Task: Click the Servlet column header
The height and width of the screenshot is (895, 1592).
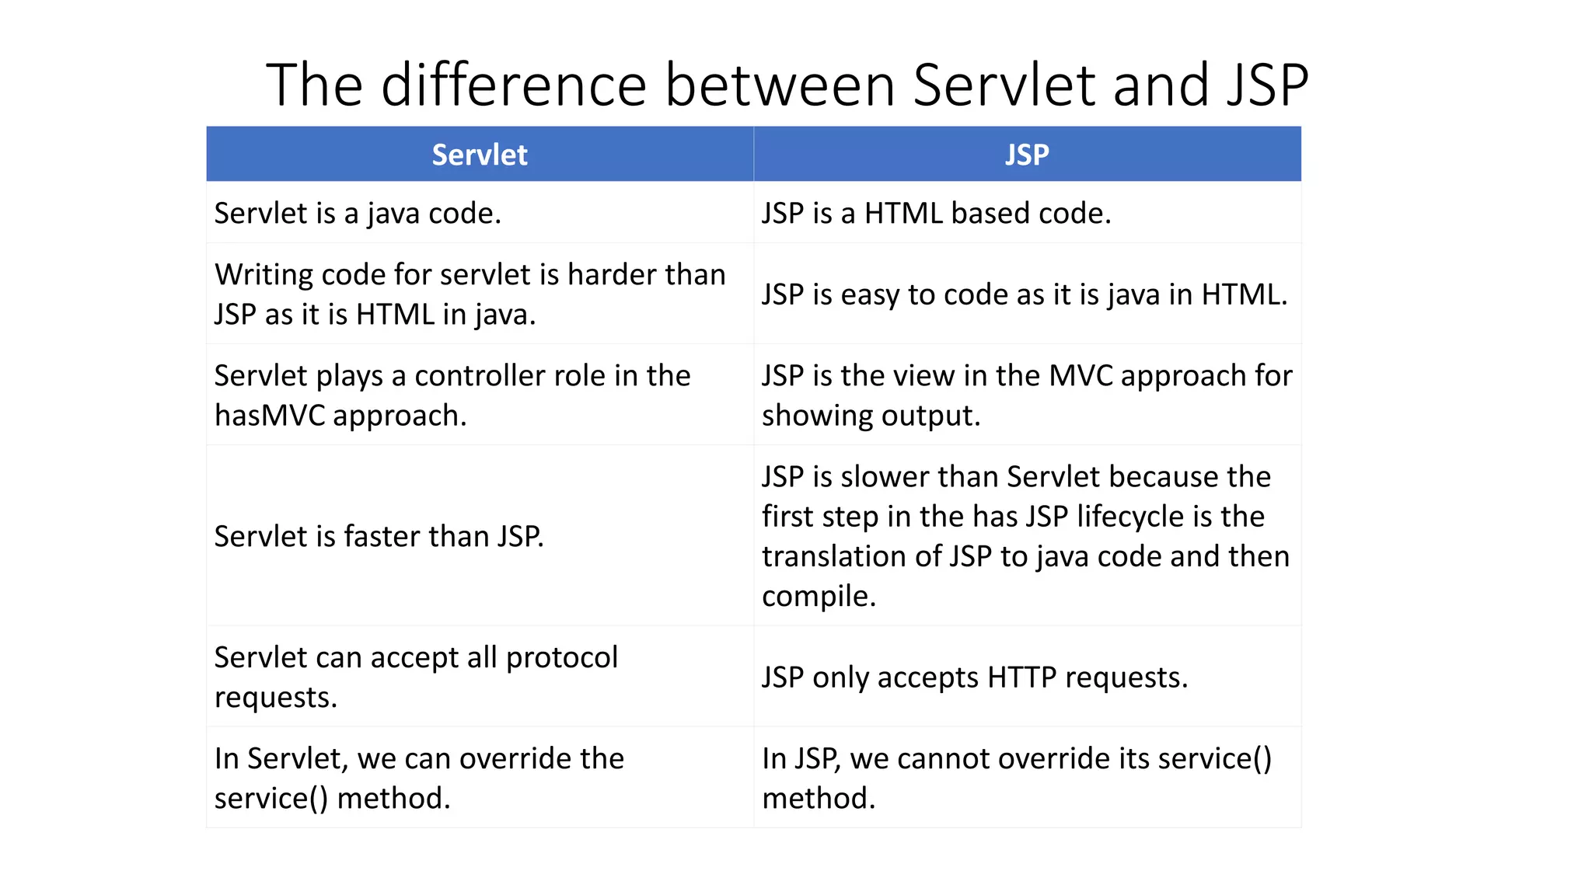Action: tap(480, 155)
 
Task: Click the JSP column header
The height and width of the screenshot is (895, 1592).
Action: tap(1027, 155)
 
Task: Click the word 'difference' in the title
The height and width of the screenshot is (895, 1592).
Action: tap(514, 85)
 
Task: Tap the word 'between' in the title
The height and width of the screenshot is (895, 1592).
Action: tap(780, 85)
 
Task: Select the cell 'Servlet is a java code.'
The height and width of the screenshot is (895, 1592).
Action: tap(358, 213)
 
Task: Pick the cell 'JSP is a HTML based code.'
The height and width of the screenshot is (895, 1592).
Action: tap(936, 213)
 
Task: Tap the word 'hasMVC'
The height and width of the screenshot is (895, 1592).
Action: tap(270, 416)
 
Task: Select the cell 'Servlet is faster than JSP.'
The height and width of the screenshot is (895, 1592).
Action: tap(379, 536)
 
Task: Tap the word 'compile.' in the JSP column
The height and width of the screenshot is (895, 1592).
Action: tap(819, 596)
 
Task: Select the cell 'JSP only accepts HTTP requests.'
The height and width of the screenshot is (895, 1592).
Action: tap(975, 677)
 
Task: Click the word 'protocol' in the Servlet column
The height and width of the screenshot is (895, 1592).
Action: tap(561, 658)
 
